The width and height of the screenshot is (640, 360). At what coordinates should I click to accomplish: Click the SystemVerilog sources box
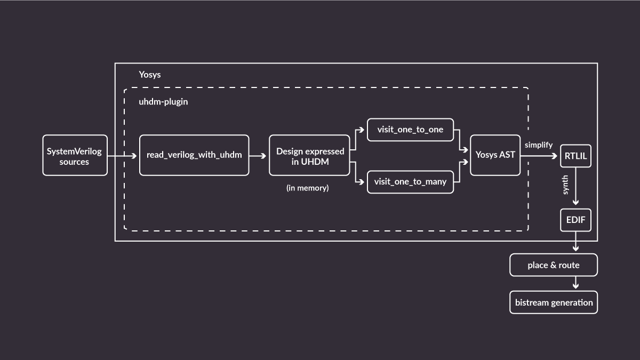tap(75, 155)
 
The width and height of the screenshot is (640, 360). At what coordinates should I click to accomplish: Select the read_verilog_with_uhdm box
tap(194, 155)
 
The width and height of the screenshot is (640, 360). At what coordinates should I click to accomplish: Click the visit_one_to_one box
tap(410, 130)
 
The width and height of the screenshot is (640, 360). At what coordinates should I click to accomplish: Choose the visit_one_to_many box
tap(410, 182)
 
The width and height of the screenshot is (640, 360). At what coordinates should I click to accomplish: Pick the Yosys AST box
tap(495, 155)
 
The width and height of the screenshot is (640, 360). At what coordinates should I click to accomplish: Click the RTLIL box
tap(575, 156)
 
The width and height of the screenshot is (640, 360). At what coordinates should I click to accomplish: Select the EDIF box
tap(575, 220)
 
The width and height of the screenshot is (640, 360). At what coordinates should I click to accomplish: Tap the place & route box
tap(554, 265)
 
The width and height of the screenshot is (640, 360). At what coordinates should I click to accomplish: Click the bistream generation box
tap(554, 302)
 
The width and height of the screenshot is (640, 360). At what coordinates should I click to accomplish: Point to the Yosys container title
tap(150, 75)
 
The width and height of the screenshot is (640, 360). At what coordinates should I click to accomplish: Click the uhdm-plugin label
tap(163, 101)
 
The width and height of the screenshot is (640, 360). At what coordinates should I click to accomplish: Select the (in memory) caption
tap(308, 188)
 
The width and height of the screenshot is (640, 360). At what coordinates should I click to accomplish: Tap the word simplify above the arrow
tap(538, 145)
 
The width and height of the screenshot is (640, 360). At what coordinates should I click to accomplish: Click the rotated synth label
tap(565, 185)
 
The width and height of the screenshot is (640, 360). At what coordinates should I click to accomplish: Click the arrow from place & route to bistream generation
tap(575, 283)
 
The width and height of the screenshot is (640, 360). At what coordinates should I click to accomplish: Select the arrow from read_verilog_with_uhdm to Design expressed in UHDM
tap(259, 156)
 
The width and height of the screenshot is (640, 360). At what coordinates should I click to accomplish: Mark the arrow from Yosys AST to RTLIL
tap(540, 156)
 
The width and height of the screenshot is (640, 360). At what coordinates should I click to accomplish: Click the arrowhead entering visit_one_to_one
tap(363, 130)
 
